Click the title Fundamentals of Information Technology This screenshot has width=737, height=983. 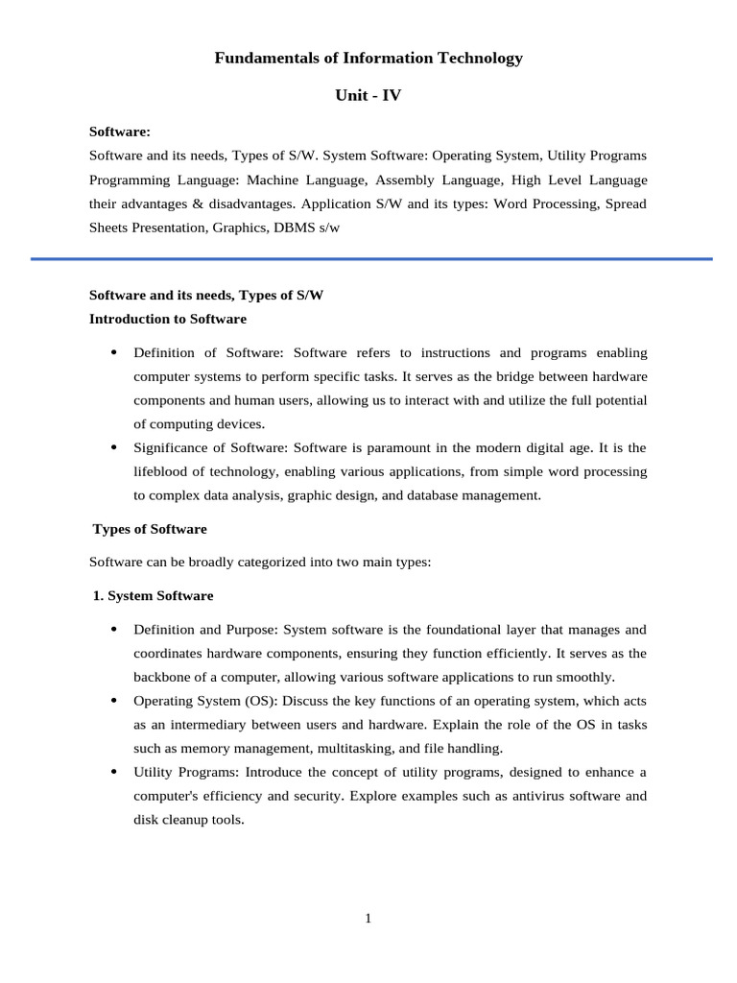(368, 59)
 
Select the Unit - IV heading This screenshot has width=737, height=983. (368, 95)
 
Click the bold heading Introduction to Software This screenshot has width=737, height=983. (168, 319)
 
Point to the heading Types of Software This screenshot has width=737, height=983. (150, 529)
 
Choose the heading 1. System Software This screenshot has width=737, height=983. (154, 596)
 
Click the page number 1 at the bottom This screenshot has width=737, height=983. (368, 919)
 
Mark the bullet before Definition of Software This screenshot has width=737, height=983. (113, 352)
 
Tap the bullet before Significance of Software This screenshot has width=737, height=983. (113, 447)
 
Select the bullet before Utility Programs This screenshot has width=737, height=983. (113, 772)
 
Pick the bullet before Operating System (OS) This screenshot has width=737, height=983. (113, 701)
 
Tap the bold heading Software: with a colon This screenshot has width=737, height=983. (120, 132)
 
